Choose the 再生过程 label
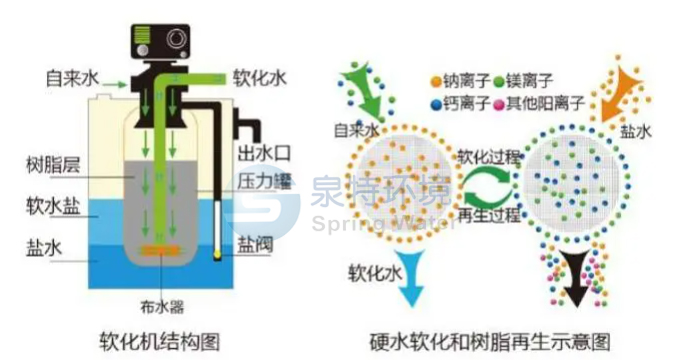tap(488, 215)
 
